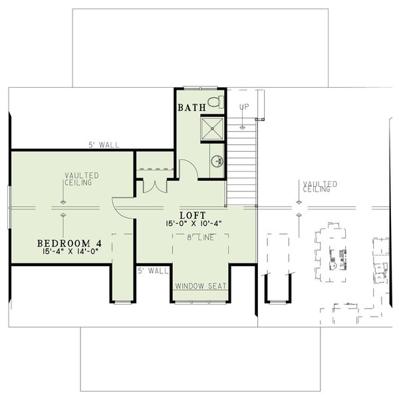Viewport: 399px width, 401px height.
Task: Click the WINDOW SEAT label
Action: [x=201, y=286]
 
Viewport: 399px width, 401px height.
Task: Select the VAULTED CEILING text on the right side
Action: [x=320, y=187]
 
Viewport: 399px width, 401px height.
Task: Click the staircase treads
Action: [x=242, y=160]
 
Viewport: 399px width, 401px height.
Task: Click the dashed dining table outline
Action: [x=331, y=253]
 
